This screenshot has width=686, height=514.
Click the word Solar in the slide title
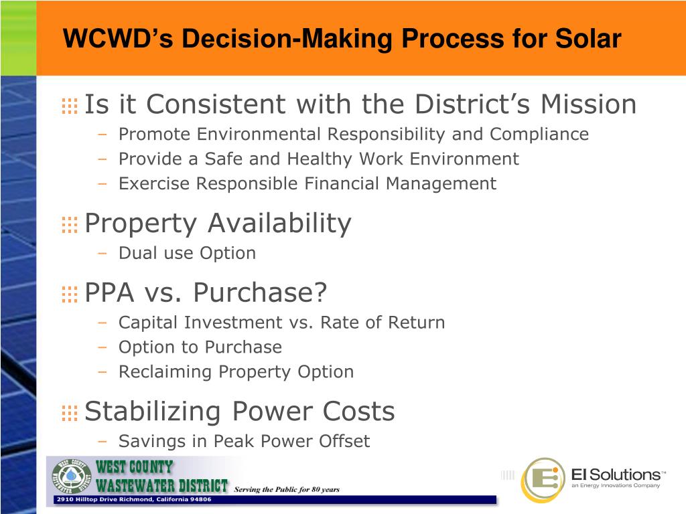[588, 38]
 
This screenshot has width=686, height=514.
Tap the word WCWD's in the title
[118, 38]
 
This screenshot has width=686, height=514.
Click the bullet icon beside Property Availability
[70, 225]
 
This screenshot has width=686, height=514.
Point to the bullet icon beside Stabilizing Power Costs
[70, 413]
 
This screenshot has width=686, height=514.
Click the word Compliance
[539, 135]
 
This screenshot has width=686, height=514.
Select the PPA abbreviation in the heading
[109, 292]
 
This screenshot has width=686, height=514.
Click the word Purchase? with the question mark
[261, 292]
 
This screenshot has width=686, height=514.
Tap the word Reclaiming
[165, 372]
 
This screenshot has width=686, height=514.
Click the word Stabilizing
[153, 412]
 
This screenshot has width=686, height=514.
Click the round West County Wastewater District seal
[71, 477]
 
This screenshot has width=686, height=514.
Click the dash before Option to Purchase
[102, 348]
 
